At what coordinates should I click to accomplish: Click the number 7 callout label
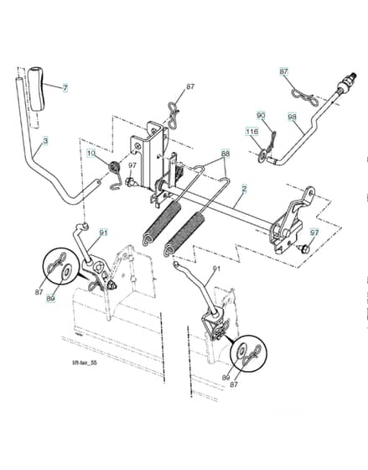click(x=65, y=88)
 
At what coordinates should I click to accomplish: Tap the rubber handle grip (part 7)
click(x=36, y=90)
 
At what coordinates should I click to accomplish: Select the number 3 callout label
click(x=45, y=141)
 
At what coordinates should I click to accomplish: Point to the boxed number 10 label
click(x=91, y=154)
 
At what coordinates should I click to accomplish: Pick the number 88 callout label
click(x=225, y=154)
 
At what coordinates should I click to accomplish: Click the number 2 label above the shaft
click(x=244, y=189)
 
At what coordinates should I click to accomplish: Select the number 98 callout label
click(x=293, y=117)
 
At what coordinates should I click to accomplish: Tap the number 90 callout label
click(x=261, y=116)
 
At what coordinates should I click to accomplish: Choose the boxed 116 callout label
click(x=252, y=131)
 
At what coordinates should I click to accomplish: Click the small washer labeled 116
click(x=262, y=155)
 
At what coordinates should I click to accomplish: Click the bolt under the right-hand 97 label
click(x=304, y=248)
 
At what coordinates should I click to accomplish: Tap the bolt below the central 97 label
click(x=130, y=181)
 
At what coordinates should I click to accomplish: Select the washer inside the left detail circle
click(x=66, y=272)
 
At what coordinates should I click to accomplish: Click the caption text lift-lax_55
click(x=85, y=363)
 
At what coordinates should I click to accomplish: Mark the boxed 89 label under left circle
click(x=51, y=299)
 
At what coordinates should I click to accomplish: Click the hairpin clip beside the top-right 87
click(x=303, y=97)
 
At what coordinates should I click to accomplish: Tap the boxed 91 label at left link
click(x=103, y=232)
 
